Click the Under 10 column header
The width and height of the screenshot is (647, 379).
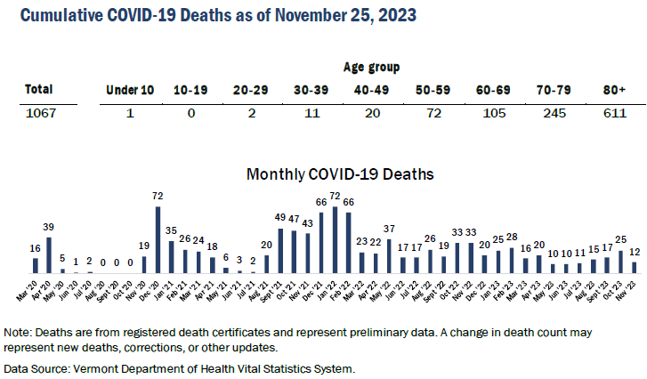tap(129, 89)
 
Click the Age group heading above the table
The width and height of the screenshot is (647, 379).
tap(371, 67)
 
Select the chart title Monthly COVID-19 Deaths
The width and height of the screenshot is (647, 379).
tap(340, 174)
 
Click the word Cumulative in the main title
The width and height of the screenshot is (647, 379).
tap(59, 16)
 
